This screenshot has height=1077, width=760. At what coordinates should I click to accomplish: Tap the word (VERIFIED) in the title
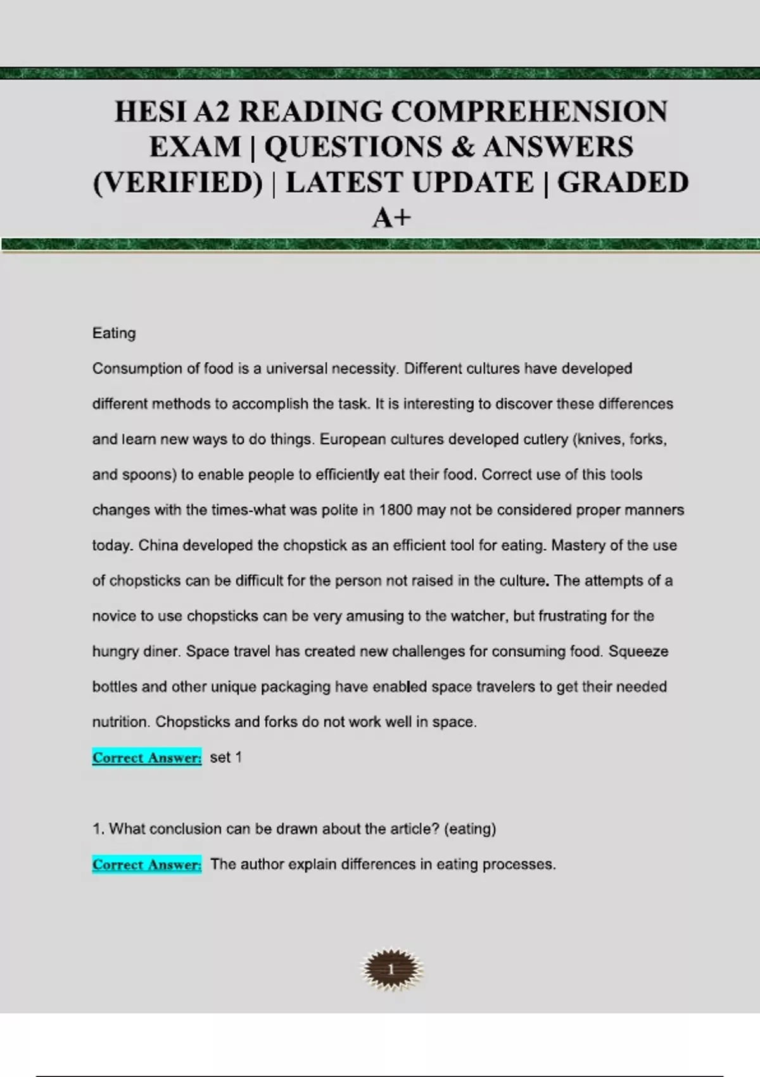(177, 183)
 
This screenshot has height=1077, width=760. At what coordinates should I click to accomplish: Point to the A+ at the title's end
(391, 219)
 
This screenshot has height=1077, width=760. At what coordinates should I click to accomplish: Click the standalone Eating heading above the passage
(114, 333)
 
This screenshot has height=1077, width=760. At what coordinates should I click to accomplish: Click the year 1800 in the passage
(396, 510)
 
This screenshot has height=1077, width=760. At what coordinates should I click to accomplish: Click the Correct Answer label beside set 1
(147, 758)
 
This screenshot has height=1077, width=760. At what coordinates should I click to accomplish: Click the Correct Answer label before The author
(147, 865)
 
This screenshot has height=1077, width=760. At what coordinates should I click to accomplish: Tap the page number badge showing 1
(391, 969)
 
